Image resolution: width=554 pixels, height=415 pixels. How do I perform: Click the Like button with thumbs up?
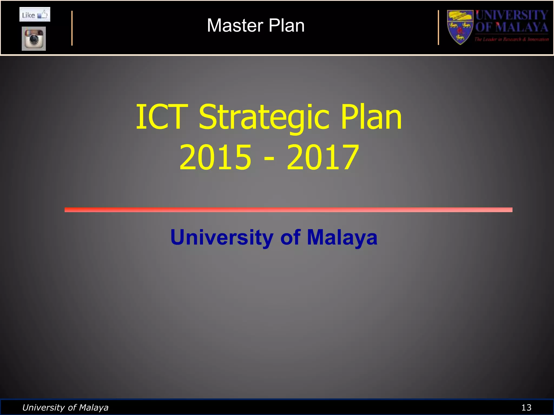click(35, 15)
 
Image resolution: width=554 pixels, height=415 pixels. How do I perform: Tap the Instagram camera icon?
click(34, 39)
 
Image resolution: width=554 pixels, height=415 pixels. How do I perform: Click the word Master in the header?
click(235, 26)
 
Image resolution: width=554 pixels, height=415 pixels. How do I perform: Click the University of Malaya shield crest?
click(460, 27)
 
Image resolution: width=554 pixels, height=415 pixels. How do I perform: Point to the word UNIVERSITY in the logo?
click(512, 15)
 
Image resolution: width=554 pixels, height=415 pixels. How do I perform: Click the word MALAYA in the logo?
click(522, 27)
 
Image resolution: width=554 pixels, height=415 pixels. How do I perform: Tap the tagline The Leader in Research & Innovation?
click(512, 39)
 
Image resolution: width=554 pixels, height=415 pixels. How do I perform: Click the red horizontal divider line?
click(288, 210)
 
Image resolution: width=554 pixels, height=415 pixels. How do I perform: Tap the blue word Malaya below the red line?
click(342, 237)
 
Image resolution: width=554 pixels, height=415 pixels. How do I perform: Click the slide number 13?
click(526, 407)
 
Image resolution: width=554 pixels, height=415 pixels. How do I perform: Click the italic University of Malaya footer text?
click(65, 407)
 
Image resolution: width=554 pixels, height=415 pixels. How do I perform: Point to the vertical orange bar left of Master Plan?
click(72, 28)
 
